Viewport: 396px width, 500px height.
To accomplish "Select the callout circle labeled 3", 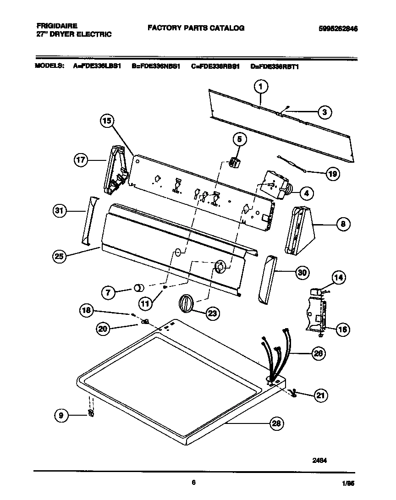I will (x=324, y=111).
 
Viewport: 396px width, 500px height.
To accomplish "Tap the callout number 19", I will (x=333, y=173).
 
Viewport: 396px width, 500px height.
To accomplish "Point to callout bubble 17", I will (x=82, y=160).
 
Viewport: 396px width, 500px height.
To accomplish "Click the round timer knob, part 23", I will (x=185, y=304).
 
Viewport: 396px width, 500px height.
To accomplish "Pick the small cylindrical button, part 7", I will (x=137, y=288).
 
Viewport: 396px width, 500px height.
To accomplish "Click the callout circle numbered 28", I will (x=276, y=423).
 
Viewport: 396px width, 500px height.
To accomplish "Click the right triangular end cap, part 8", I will (x=300, y=230).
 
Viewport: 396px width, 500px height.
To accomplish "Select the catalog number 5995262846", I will (x=338, y=28).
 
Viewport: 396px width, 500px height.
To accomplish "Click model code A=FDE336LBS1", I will (x=97, y=66).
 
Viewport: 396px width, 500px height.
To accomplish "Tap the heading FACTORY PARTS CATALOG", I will (x=196, y=28).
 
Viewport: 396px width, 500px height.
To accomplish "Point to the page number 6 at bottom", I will (x=194, y=482).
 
